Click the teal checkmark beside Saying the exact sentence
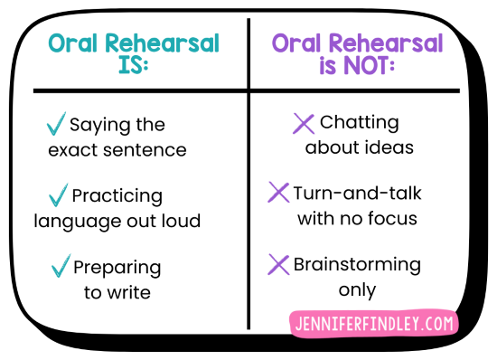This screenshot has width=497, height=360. click(56, 124)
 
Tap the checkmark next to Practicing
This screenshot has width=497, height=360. click(58, 194)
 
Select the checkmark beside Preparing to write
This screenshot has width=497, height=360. click(61, 266)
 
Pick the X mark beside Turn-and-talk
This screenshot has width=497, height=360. click(278, 193)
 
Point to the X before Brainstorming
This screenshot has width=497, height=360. click(278, 264)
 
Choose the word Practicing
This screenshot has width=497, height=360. click(117, 195)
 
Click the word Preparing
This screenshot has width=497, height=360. click(117, 268)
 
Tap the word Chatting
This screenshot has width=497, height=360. click(360, 122)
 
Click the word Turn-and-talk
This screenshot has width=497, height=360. click(358, 194)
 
